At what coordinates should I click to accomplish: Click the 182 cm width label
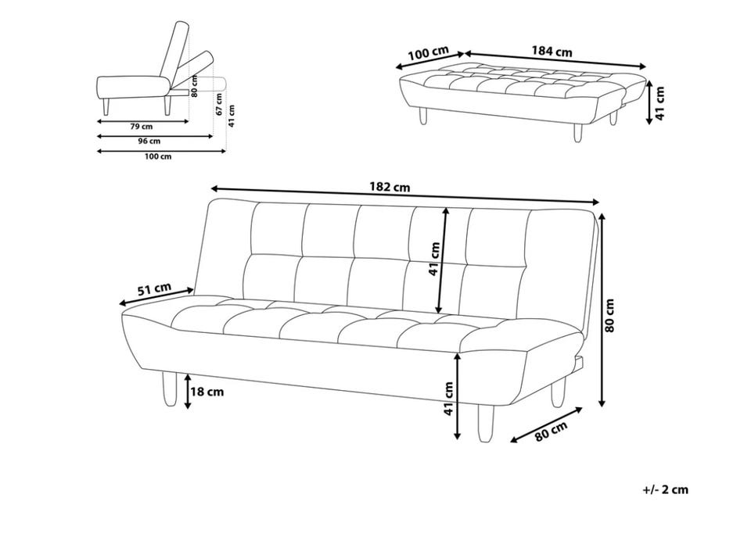click(x=390, y=187)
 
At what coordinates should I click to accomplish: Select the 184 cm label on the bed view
click(x=552, y=51)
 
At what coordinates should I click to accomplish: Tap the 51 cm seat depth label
click(x=154, y=289)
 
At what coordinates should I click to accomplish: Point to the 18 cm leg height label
click(x=207, y=392)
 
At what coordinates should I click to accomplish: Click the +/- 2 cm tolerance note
click(x=665, y=489)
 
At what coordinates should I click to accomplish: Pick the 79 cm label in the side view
click(x=142, y=127)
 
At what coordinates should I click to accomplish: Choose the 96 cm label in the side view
click(x=149, y=141)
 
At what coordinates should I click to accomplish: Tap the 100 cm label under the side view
click(x=158, y=156)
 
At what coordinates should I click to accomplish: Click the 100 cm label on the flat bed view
click(x=428, y=53)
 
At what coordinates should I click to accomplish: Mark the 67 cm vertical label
click(x=218, y=104)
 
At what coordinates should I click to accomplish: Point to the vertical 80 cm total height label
click(x=609, y=315)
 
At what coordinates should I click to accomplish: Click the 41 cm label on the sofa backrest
click(x=434, y=259)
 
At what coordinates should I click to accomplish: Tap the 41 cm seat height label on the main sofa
click(x=448, y=398)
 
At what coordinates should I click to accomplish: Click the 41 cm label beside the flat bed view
click(x=660, y=103)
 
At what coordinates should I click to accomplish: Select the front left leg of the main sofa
click(x=170, y=389)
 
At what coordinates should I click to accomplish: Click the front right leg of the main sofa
click(x=485, y=423)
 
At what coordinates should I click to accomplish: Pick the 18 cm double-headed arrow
click(x=189, y=392)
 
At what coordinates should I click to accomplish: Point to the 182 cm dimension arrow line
click(x=405, y=195)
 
